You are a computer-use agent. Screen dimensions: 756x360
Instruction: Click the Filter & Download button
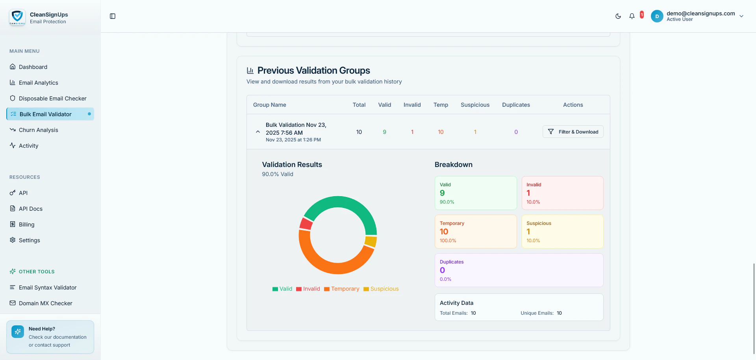(x=573, y=132)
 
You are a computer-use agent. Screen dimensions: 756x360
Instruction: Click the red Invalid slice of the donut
(x=306, y=224)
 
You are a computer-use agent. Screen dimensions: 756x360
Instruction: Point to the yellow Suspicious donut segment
(x=371, y=241)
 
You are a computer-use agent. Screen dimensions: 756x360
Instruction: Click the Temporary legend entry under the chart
(x=341, y=289)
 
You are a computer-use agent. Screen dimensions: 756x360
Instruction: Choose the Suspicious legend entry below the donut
(x=381, y=289)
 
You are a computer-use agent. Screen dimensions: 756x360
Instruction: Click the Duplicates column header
(x=516, y=105)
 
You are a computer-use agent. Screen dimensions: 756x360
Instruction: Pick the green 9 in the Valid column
(x=385, y=132)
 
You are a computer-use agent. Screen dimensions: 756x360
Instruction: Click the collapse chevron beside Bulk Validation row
(x=258, y=132)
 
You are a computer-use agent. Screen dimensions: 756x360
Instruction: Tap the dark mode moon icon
(x=618, y=16)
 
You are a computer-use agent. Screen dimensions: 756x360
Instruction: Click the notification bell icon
(x=632, y=16)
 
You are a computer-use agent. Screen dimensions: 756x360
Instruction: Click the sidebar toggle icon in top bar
(x=113, y=16)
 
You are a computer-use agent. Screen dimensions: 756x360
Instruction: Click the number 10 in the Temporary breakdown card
(x=444, y=232)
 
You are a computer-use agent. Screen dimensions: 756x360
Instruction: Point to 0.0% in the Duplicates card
(x=446, y=279)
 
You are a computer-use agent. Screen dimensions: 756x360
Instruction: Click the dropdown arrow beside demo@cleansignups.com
(x=741, y=16)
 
